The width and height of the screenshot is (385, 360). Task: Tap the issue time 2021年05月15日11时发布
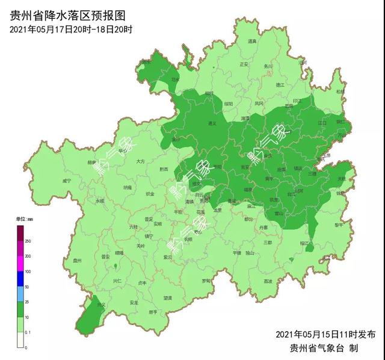click(x=325, y=334)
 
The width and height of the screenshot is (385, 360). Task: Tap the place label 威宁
click(x=66, y=180)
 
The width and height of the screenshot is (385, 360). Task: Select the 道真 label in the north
click(x=253, y=42)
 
